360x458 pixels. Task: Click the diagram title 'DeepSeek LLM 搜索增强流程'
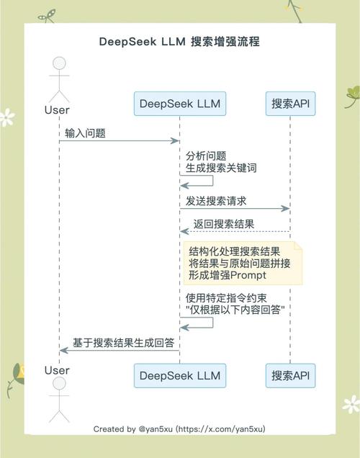pos(179,42)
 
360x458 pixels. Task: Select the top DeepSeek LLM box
pos(179,104)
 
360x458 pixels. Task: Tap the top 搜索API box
pos(290,104)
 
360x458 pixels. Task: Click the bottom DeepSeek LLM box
pos(179,375)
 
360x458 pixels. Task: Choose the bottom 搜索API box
pos(290,375)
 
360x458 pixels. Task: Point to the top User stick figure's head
pos(57,63)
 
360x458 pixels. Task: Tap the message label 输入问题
pos(86,133)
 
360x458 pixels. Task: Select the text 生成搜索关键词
pos(221,168)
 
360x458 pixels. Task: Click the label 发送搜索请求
pos(216,201)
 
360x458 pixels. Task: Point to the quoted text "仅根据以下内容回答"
pos(235,310)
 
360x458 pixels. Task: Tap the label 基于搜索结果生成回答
pos(123,343)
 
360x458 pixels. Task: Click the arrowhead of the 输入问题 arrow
pos(175,141)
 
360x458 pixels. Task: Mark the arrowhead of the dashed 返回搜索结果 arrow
pos(184,232)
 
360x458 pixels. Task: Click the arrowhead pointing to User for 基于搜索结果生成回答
pos(63,350)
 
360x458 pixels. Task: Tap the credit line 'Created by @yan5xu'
pos(179,429)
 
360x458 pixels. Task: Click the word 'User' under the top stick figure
pos(57,110)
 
